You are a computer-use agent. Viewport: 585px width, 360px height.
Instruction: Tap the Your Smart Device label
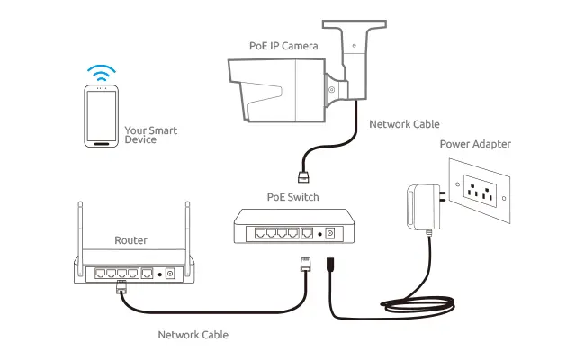coord(151,135)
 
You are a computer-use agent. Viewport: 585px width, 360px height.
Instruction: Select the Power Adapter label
coord(475,144)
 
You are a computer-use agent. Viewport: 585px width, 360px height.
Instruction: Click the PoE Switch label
coord(292,196)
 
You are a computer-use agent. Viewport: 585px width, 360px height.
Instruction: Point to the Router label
coord(130,240)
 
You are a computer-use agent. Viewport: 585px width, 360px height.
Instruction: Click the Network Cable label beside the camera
coord(404,124)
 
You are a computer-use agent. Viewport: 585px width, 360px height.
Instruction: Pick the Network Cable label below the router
coord(193,335)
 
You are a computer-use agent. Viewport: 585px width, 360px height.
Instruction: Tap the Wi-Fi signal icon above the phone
coord(101,71)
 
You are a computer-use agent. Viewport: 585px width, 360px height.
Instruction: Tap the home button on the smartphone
coord(101,142)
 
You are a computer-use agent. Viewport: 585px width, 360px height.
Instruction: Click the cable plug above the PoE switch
coord(302,175)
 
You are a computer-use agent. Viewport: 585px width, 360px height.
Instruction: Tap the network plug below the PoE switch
coord(303,264)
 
